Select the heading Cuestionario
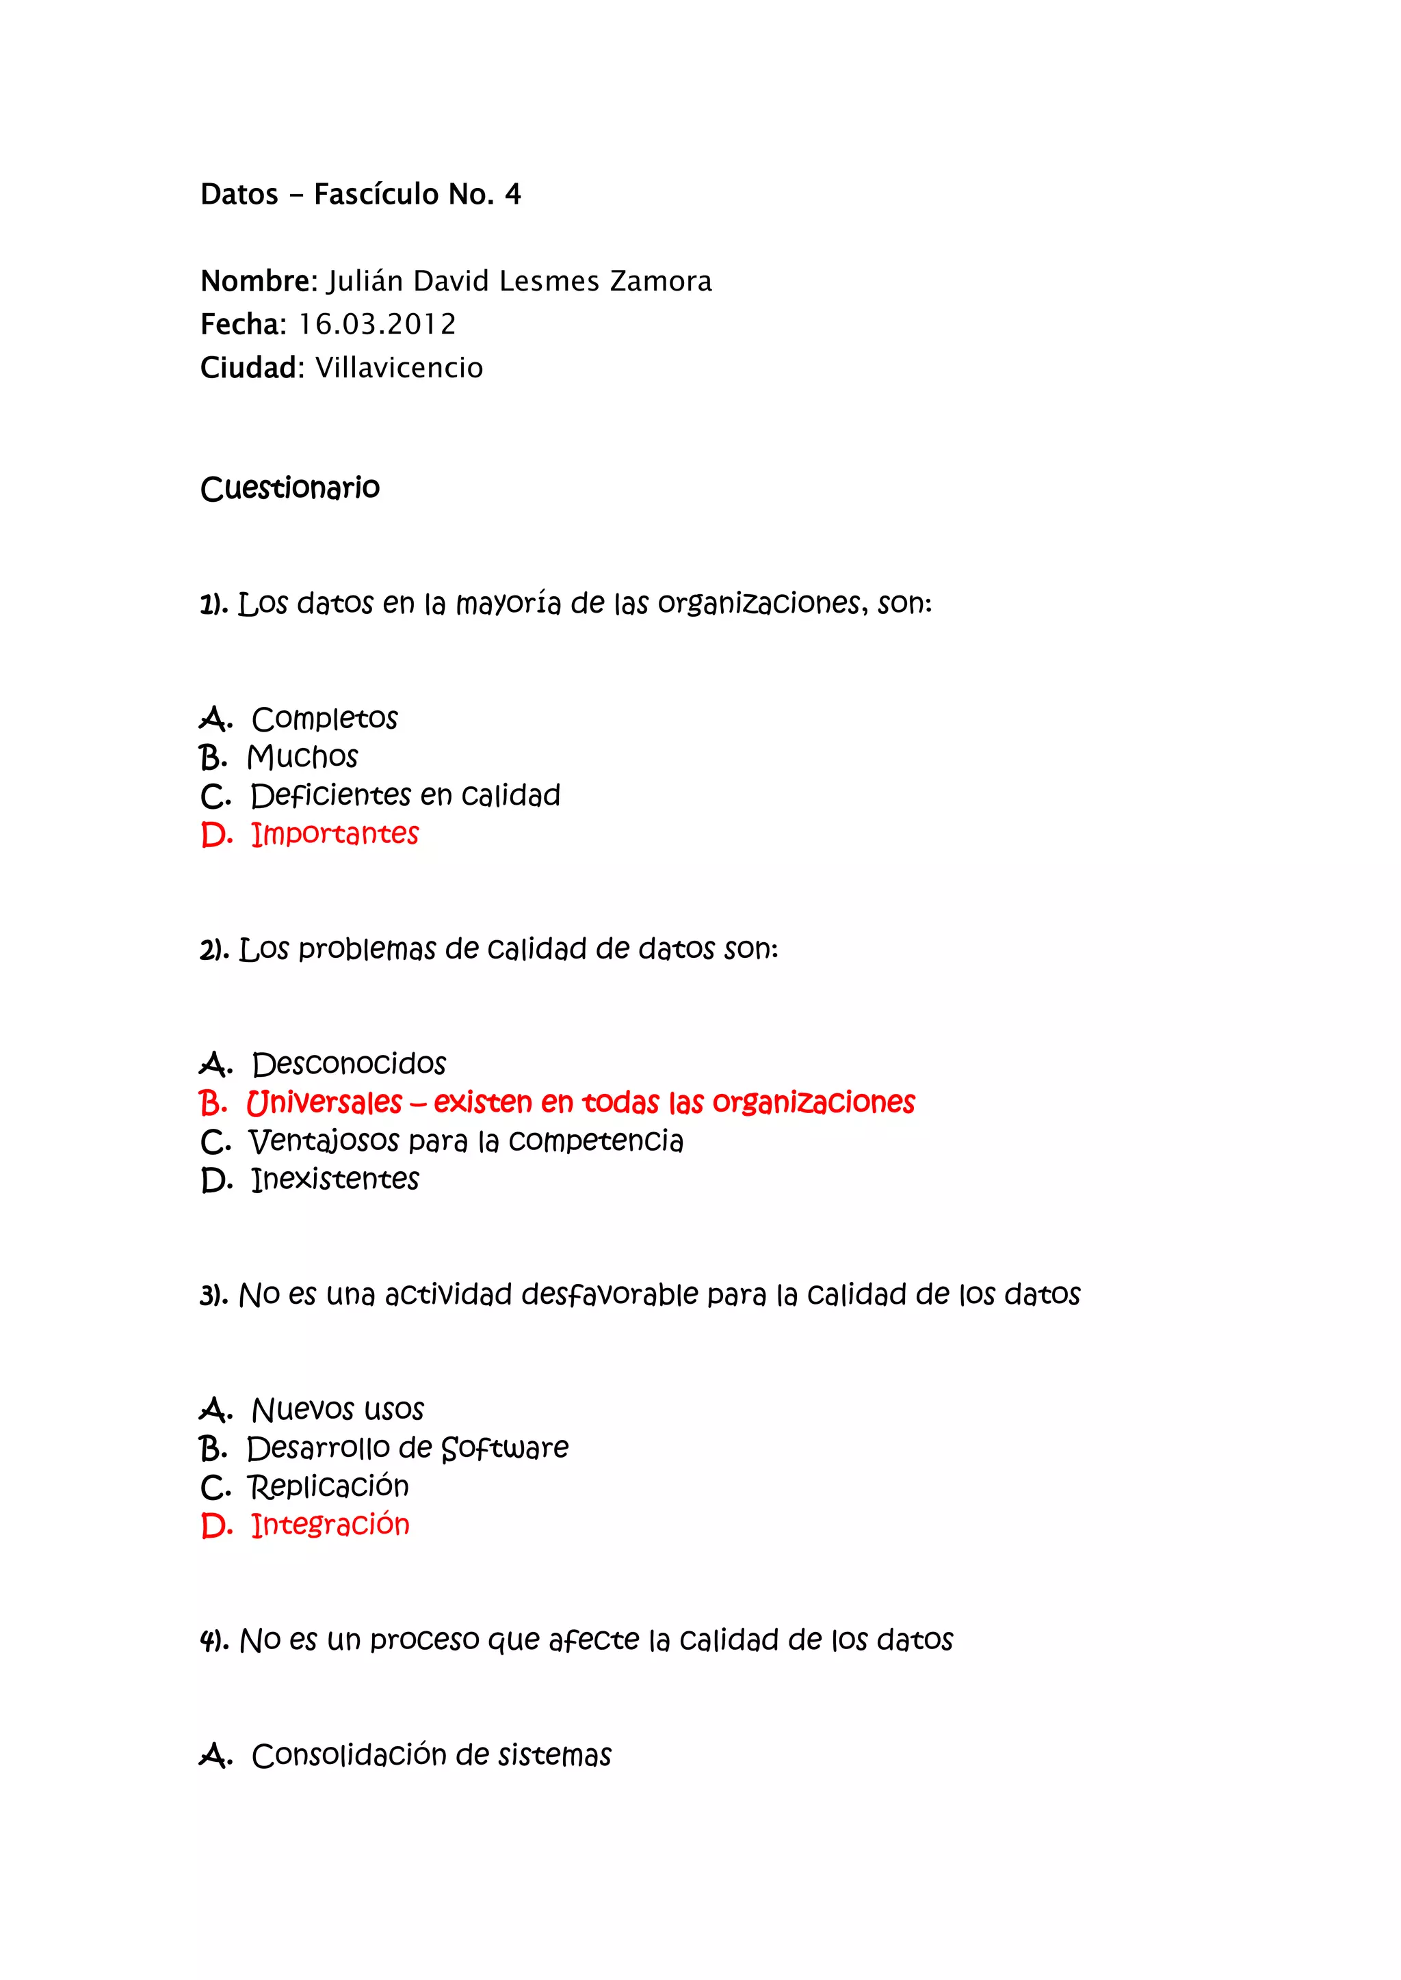click(x=290, y=488)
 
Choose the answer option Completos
click(x=324, y=719)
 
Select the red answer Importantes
click(x=335, y=834)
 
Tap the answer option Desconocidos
click(x=348, y=1064)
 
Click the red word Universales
click(x=324, y=1103)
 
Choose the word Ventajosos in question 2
click(x=324, y=1142)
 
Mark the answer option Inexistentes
click(x=335, y=1179)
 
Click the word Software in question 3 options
click(x=505, y=1449)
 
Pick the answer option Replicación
click(x=328, y=1487)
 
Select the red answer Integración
click(x=330, y=1525)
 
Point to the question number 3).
click(x=213, y=1296)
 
